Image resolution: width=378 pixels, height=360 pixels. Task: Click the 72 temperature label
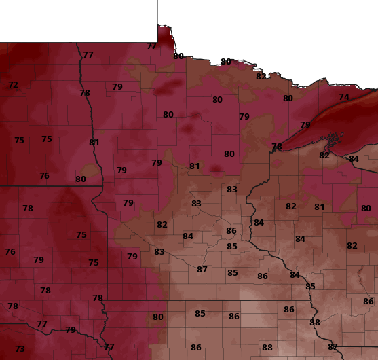[x=13, y=85]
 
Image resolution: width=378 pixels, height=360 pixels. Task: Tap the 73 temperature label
[x=20, y=349]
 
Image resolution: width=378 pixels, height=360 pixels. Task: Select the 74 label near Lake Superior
[x=344, y=97]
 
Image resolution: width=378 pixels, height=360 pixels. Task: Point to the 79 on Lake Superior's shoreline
[x=305, y=125]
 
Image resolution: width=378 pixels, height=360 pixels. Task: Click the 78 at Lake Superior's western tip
[x=276, y=147]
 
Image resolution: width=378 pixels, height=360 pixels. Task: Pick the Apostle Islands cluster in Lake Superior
[x=332, y=143]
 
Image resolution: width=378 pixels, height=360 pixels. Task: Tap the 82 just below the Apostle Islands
[x=324, y=156]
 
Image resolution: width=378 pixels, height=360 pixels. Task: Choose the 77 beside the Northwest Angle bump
[x=152, y=46]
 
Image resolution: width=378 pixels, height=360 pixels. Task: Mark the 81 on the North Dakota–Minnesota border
[x=94, y=143]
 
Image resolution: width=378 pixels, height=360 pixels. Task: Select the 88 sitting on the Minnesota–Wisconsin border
[x=315, y=323]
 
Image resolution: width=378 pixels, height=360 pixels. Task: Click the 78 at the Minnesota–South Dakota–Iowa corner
[x=98, y=298]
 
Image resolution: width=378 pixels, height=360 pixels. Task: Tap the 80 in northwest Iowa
[x=158, y=317]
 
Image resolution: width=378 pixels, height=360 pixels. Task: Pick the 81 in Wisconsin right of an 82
[x=319, y=207]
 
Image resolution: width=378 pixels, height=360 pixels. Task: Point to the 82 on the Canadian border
[x=261, y=77]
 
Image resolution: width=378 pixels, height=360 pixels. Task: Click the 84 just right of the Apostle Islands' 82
[x=354, y=159]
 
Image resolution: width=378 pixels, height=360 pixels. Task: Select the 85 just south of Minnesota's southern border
[x=200, y=314]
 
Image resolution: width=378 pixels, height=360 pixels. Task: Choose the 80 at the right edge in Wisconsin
[x=366, y=209]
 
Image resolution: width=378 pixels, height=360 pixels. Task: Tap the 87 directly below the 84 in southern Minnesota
[x=202, y=270]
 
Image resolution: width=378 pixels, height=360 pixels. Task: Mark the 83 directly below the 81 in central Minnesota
[x=196, y=204]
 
